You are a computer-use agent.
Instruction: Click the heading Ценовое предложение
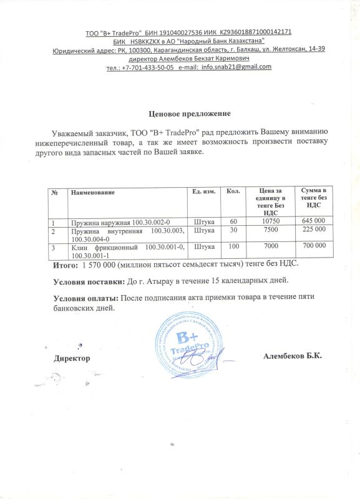(x=190, y=114)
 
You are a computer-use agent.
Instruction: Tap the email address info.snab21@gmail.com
(x=240, y=67)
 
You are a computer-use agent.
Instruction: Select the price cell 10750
(x=270, y=221)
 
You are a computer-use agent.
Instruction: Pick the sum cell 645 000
(x=314, y=221)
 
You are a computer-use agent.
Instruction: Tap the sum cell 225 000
(x=314, y=230)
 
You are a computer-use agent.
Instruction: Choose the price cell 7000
(x=270, y=247)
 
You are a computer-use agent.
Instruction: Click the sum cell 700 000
(x=314, y=247)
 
